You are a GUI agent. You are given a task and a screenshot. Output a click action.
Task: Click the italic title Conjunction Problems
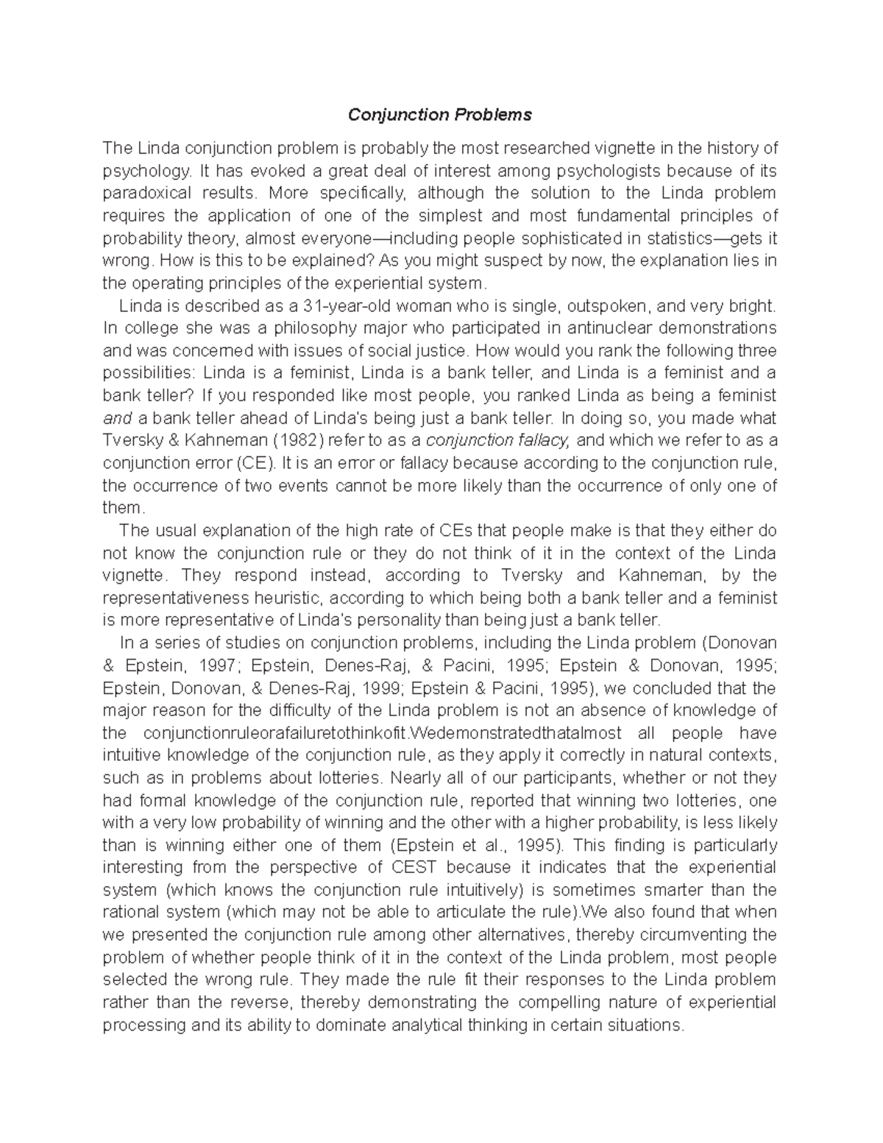tap(439, 115)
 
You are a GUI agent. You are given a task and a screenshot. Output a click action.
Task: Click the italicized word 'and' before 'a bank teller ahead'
tap(117, 418)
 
